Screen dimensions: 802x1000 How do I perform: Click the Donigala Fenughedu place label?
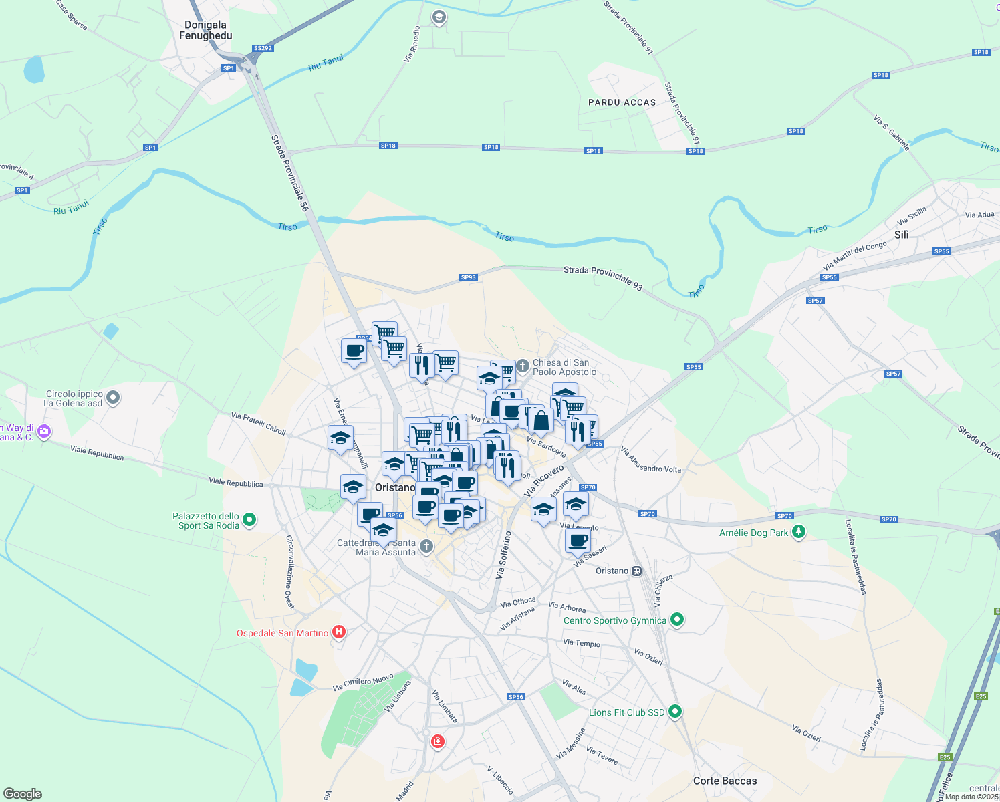[206, 30]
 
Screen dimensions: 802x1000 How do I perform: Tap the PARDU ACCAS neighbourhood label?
[622, 102]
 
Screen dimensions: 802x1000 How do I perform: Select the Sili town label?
[902, 235]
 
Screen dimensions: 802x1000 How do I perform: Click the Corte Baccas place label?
[725, 781]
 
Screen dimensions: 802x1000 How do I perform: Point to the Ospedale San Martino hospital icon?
[339, 632]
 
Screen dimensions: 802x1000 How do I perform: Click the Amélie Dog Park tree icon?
[798, 532]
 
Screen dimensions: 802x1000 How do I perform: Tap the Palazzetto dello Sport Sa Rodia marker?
[249, 519]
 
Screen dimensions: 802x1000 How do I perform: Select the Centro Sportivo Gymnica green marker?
[676, 620]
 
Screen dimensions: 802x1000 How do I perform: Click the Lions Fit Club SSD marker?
[675, 712]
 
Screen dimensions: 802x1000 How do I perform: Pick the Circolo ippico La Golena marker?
[113, 398]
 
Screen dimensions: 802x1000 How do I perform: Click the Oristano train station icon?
[637, 571]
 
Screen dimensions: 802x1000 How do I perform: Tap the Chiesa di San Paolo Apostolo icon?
[523, 366]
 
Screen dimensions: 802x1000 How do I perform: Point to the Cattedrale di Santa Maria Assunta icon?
[426, 547]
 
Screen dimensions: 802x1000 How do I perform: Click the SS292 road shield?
[263, 48]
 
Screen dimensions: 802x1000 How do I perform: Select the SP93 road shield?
[468, 277]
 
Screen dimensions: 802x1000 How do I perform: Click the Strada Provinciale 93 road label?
[603, 278]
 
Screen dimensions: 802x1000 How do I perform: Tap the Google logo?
[23, 793]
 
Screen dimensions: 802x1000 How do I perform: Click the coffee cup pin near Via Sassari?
[578, 541]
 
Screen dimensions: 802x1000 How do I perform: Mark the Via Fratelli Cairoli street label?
[258, 424]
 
